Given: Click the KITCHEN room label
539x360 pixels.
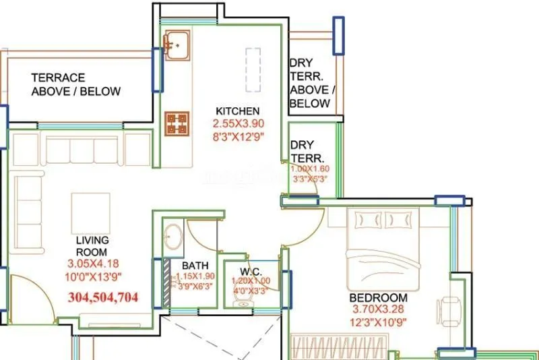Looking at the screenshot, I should click(237, 111).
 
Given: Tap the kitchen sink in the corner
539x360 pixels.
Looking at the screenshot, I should click(177, 44).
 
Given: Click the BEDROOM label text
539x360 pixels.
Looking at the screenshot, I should click(377, 297).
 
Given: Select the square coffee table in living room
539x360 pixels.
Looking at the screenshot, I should click(91, 212).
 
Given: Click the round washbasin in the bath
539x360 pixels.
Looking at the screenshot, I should click(172, 236).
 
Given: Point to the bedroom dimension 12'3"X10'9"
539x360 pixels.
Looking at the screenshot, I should click(377, 322).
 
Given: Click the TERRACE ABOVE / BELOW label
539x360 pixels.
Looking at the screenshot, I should click(75, 85).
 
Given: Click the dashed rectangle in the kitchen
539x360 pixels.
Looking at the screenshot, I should click(253, 69).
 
